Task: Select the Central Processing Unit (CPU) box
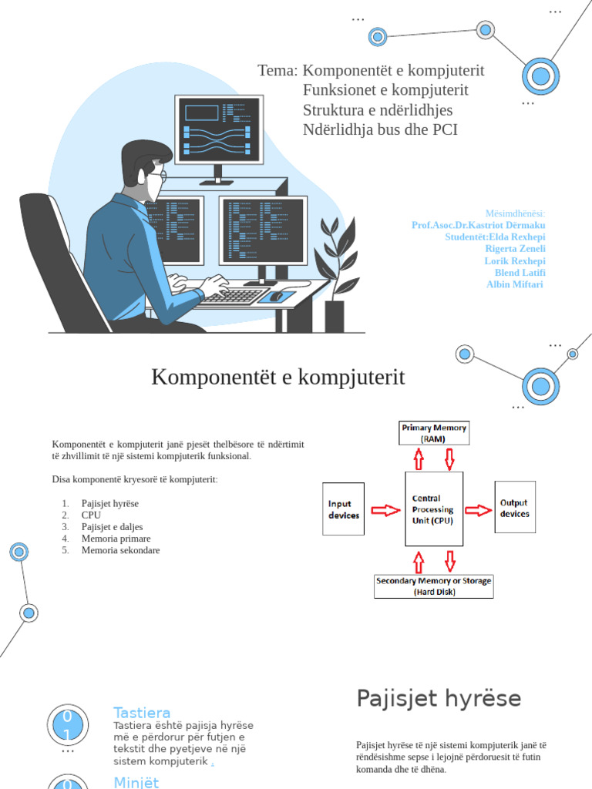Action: pos(434,510)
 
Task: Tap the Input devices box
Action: pos(343,509)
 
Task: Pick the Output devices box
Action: pos(514,508)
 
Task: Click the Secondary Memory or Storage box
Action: pos(433,586)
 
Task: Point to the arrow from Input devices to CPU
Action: pos(385,510)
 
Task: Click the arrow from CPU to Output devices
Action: pos(479,509)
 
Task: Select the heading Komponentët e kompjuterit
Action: pos(277,378)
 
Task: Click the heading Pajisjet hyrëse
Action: pos(438,699)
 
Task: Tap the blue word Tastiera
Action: pos(142,713)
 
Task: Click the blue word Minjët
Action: pos(136,782)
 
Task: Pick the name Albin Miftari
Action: pos(515,284)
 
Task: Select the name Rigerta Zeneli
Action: pos(515,249)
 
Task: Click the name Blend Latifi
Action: pos(520,273)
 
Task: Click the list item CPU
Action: pos(91,515)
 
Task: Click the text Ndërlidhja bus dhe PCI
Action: pos(380,129)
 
